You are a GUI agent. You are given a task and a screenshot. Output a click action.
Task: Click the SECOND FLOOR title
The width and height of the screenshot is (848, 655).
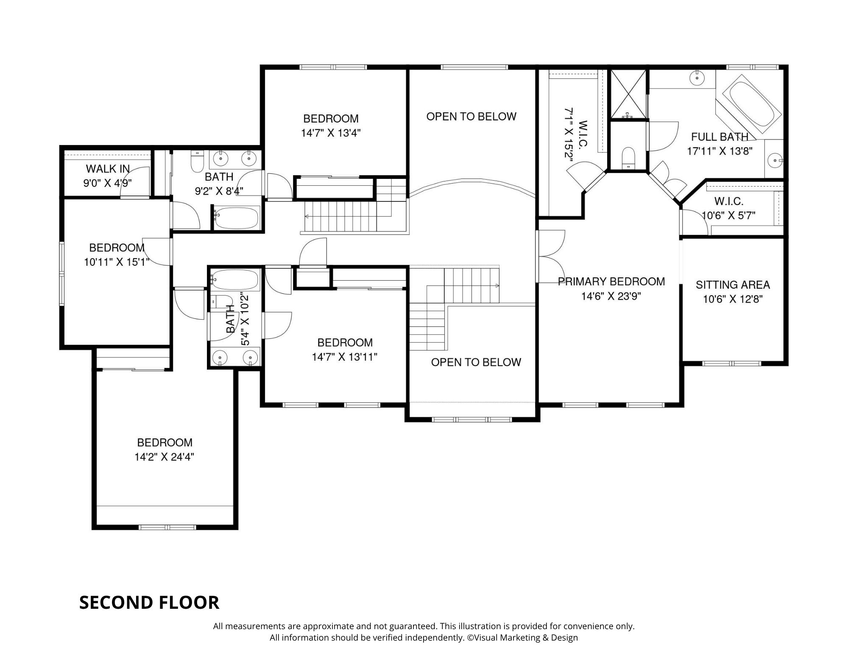click(149, 602)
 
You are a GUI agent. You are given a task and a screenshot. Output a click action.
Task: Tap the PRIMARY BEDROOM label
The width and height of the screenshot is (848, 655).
click(611, 282)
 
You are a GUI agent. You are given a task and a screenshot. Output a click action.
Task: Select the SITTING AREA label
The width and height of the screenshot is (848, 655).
click(733, 285)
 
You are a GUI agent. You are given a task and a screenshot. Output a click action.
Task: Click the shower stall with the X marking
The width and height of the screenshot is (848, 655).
click(628, 94)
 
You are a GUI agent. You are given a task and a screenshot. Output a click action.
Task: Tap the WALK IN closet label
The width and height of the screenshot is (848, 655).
click(108, 169)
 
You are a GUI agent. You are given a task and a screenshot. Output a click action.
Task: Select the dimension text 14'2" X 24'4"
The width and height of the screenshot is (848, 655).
click(165, 457)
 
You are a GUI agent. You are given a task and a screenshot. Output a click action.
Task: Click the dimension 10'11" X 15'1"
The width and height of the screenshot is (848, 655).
click(117, 262)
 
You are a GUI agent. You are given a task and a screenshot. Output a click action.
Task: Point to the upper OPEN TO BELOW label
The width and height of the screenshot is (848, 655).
click(471, 117)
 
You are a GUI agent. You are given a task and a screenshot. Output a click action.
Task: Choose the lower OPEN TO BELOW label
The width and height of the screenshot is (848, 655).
click(476, 362)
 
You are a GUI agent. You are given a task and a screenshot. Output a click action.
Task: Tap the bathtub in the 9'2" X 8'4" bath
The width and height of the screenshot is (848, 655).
click(236, 218)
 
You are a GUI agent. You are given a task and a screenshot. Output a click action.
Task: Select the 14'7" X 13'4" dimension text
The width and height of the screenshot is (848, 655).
click(331, 133)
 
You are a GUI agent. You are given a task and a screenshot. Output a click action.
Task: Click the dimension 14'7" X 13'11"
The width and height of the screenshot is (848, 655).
click(345, 357)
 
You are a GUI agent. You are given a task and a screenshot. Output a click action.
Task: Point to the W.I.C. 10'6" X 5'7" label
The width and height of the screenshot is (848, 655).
click(729, 208)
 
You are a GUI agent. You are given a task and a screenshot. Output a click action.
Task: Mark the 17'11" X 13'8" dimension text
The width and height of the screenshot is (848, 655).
click(720, 151)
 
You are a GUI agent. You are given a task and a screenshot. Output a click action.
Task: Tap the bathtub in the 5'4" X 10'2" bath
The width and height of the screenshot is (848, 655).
click(235, 280)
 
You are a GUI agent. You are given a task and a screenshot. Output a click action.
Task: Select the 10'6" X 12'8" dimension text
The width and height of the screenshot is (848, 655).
click(733, 299)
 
